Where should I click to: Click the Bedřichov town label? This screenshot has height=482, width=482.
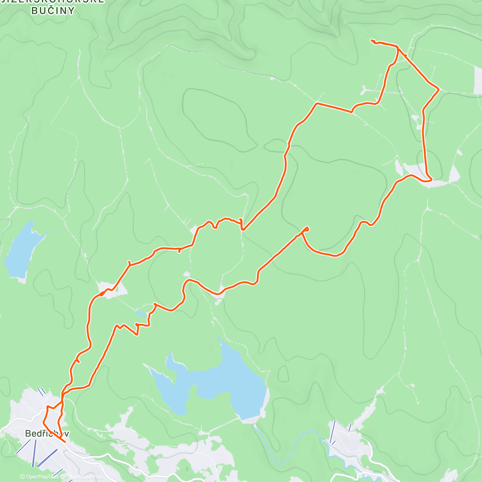(47, 433)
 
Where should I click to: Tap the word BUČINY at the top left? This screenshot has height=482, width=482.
(53, 11)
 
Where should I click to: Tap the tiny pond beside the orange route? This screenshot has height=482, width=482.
(141, 312)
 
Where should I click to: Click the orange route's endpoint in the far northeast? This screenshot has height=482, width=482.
(371, 40)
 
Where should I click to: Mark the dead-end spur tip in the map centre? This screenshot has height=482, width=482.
(307, 228)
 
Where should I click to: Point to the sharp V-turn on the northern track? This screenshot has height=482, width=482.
(242, 229)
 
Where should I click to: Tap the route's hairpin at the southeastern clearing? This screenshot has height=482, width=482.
(430, 180)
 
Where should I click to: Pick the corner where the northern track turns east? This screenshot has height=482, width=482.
(317, 104)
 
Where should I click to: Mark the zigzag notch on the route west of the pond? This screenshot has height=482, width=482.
(137, 329)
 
